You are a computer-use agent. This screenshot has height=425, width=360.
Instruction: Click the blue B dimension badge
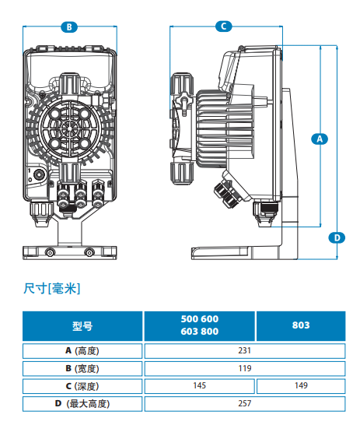[x=69, y=27]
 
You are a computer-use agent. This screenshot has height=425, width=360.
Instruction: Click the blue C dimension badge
[x=224, y=26]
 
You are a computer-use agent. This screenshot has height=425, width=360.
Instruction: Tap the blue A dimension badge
[x=320, y=139]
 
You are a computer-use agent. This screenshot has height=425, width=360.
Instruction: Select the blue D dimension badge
[x=337, y=237]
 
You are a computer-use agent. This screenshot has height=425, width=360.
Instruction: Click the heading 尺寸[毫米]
[x=52, y=288]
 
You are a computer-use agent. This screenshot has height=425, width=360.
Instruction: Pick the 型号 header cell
[x=82, y=326]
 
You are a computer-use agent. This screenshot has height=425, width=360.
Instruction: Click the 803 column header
[x=301, y=326]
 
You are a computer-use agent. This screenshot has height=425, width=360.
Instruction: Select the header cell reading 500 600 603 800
[x=200, y=326]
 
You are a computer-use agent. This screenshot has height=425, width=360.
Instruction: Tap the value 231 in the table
[x=245, y=351]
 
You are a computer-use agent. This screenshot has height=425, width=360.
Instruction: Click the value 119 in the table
[x=245, y=368]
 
